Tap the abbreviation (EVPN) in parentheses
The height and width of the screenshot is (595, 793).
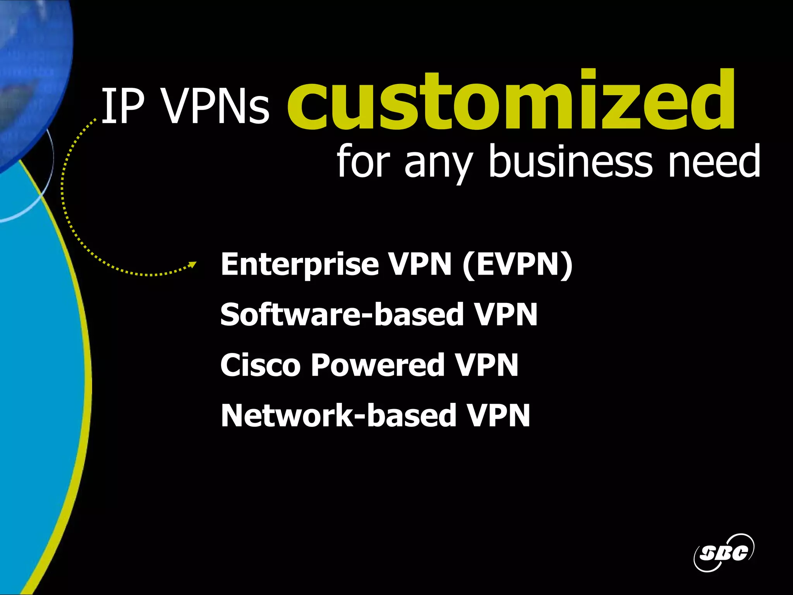[x=517, y=265]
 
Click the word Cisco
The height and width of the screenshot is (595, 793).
[x=260, y=365]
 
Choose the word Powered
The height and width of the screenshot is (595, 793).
[x=378, y=365]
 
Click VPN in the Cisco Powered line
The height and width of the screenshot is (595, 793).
[x=486, y=365]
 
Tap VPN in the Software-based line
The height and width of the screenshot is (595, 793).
[x=506, y=314]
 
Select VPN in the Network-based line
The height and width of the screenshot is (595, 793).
[x=498, y=415]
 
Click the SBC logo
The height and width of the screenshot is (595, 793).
[x=723, y=552]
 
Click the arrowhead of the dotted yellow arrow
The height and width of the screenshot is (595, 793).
[x=192, y=265]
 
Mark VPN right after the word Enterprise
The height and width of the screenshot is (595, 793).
[x=421, y=265]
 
